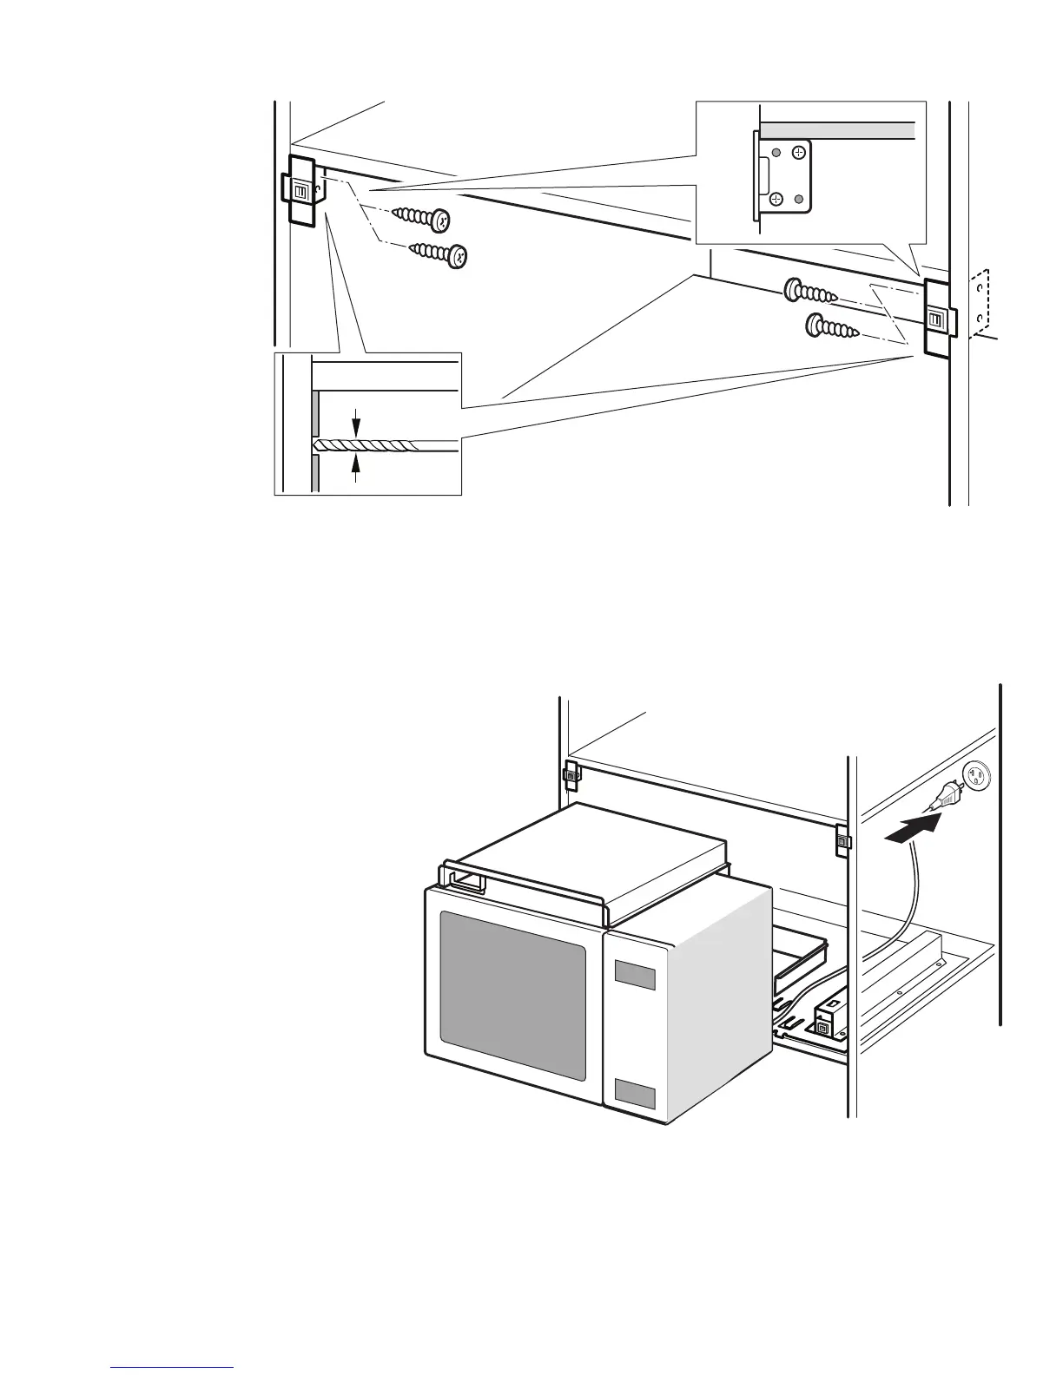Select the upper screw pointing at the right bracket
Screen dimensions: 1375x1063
(x=810, y=292)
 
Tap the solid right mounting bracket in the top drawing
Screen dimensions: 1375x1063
(x=937, y=319)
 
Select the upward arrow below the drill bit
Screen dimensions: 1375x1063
(x=355, y=465)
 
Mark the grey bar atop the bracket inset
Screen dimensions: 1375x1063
(x=838, y=130)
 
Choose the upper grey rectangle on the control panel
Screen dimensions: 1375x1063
(x=635, y=974)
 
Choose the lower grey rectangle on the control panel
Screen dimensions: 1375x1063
(x=635, y=1095)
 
